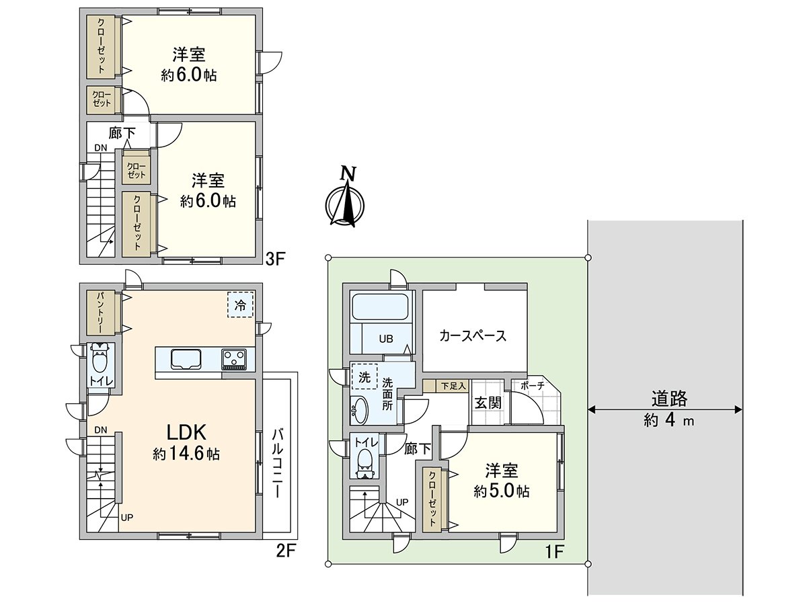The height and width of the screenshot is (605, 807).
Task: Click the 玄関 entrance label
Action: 488,403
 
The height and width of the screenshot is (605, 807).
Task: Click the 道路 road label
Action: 668,399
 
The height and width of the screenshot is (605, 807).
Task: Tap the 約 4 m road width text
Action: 668,421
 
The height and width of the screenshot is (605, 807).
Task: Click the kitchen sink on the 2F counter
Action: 186,359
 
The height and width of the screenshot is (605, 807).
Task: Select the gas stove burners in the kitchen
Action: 235,359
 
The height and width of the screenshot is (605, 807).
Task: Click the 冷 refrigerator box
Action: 240,305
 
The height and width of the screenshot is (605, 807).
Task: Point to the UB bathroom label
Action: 384,338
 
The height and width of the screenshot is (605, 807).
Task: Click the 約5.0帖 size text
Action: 501,491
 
